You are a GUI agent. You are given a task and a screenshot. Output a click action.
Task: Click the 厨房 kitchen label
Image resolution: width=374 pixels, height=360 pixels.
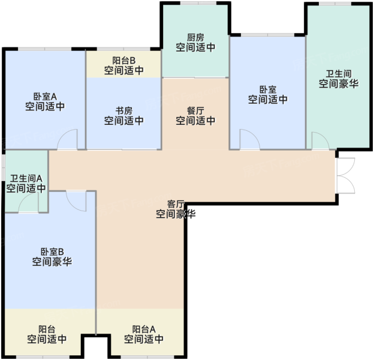pos(195,37)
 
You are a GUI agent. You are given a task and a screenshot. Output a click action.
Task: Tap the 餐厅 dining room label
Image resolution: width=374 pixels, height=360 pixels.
pos(195,111)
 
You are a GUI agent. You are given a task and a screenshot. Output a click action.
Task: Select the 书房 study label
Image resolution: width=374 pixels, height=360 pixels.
pos(124,111)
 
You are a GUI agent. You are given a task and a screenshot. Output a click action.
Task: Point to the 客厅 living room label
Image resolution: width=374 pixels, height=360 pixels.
pos(176,205)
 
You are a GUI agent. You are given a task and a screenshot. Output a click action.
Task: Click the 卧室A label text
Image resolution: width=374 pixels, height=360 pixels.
pos(45,97)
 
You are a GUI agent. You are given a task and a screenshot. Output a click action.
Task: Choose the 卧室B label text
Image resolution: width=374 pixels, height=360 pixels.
pos(52,252)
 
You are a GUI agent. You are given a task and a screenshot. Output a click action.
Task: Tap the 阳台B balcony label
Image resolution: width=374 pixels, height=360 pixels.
pos(124,61)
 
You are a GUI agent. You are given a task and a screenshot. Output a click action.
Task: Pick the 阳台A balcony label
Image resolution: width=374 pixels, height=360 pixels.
pos(144,329)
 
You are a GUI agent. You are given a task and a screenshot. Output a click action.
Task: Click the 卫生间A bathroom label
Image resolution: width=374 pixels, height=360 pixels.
pos(26,178)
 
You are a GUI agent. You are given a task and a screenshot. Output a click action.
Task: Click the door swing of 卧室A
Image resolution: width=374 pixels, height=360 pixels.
pos(67,139)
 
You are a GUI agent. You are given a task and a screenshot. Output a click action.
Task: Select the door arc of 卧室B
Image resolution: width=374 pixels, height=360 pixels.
pos(76,201)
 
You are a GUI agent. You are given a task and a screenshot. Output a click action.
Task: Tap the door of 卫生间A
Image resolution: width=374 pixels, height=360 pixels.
pos(28,202)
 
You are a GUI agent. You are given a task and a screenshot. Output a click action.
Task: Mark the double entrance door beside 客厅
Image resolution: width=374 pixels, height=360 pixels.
pos(345,175)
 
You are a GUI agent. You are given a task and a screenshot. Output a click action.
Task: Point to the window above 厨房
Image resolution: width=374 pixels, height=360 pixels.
pos(198,3)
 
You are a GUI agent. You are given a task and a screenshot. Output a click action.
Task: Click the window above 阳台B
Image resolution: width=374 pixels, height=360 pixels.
pos(123,49)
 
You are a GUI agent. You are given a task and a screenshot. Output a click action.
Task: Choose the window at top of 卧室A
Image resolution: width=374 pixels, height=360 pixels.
pos(45,49)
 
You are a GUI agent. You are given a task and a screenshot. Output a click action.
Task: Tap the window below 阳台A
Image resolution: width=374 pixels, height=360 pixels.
pos(147,357)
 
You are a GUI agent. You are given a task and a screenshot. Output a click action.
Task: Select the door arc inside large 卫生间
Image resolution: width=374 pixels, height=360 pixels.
pos(321,141)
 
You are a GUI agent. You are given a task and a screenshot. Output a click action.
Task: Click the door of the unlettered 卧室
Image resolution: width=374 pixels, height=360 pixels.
pos(250,139)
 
